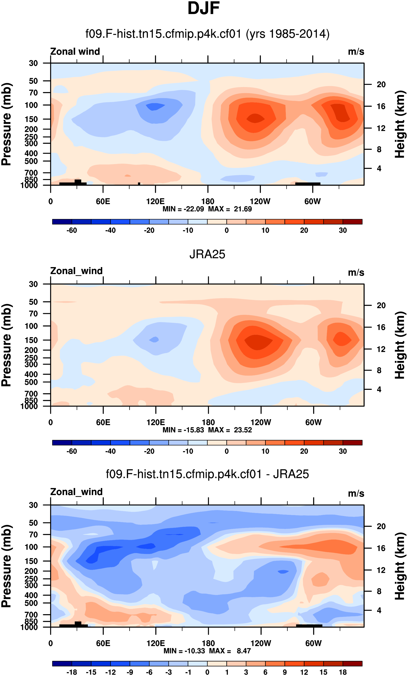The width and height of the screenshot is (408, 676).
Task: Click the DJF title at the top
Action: (204, 8)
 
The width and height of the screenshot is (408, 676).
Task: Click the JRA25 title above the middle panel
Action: (207, 254)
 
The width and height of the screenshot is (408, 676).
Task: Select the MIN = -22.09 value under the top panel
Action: (183, 209)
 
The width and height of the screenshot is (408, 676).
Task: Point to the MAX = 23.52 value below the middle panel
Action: (230, 430)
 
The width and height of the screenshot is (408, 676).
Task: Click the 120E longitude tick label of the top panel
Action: (155, 201)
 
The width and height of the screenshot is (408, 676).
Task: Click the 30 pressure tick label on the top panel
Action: (33, 63)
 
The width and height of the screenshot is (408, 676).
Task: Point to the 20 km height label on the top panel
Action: (381, 85)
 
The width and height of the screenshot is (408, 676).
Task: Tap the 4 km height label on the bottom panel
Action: (379, 616)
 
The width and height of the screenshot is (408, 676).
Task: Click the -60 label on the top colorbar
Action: (72, 230)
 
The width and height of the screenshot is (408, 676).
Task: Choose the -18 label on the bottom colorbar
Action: (72, 672)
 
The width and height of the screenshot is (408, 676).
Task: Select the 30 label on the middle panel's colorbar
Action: (343, 451)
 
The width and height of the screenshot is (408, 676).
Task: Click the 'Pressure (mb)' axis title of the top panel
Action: (7, 124)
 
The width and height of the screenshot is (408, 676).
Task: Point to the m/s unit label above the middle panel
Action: (356, 273)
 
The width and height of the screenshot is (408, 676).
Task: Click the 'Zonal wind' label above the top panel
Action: (75, 52)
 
